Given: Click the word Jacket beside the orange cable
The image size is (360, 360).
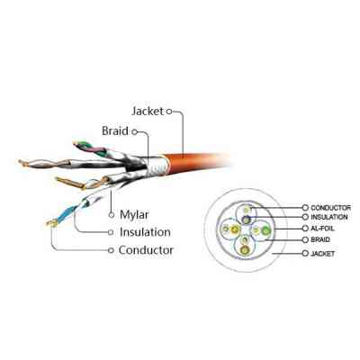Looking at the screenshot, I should click(x=147, y=113).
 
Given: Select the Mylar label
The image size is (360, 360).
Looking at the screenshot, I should click(x=134, y=215).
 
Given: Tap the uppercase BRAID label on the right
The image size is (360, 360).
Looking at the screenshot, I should click(x=322, y=241).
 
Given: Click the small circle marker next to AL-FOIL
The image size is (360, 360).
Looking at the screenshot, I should click(x=305, y=229).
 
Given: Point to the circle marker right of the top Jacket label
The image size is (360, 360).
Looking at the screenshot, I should click(x=168, y=113).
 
